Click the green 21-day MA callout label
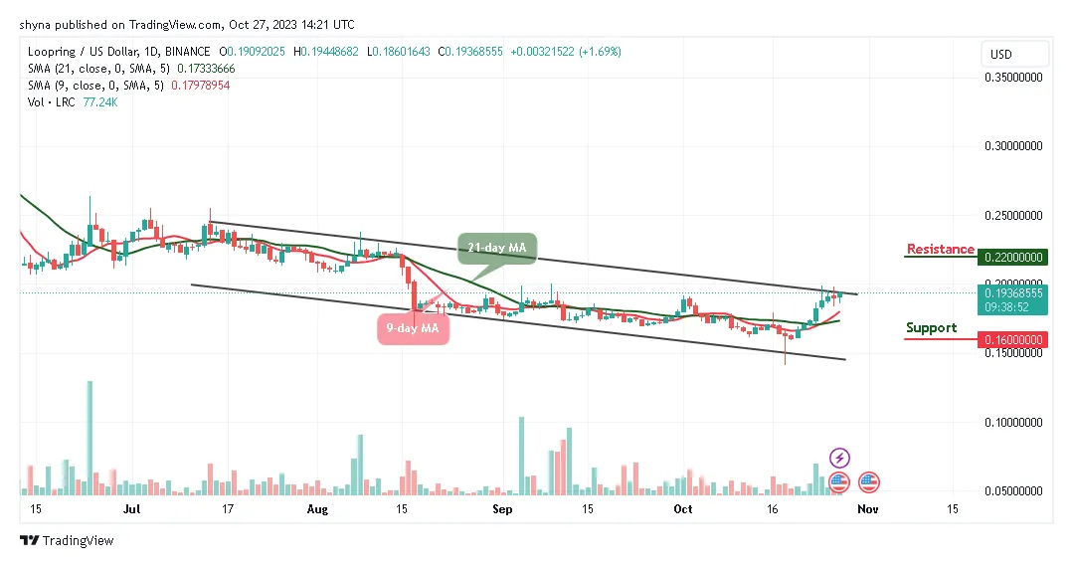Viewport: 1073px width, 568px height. click(x=497, y=247)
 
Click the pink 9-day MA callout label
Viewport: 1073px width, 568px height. click(x=413, y=328)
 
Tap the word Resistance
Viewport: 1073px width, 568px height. click(x=940, y=249)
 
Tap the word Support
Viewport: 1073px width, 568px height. click(x=931, y=327)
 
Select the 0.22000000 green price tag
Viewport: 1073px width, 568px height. click(x=1013, y=257)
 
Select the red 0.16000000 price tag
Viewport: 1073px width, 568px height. click(x=1013, y=339)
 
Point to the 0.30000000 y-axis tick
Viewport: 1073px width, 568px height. click(x=1013, y=145)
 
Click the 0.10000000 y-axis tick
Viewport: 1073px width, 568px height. click(x=1013, y=423)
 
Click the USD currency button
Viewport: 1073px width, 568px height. click(x=1000, y=54)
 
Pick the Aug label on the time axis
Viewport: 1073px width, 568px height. click(x=317, y=508)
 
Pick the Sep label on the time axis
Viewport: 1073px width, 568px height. click(x=502, y=508)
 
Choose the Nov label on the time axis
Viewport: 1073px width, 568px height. click(x=868, y=508)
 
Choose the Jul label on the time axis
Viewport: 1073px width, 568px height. click(x=130, y=508)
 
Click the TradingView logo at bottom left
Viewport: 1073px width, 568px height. click(x=67, y=541)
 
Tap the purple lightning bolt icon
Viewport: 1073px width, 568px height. click(x=839, y=459)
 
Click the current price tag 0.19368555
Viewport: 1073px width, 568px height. click(x=1013, y=294)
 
